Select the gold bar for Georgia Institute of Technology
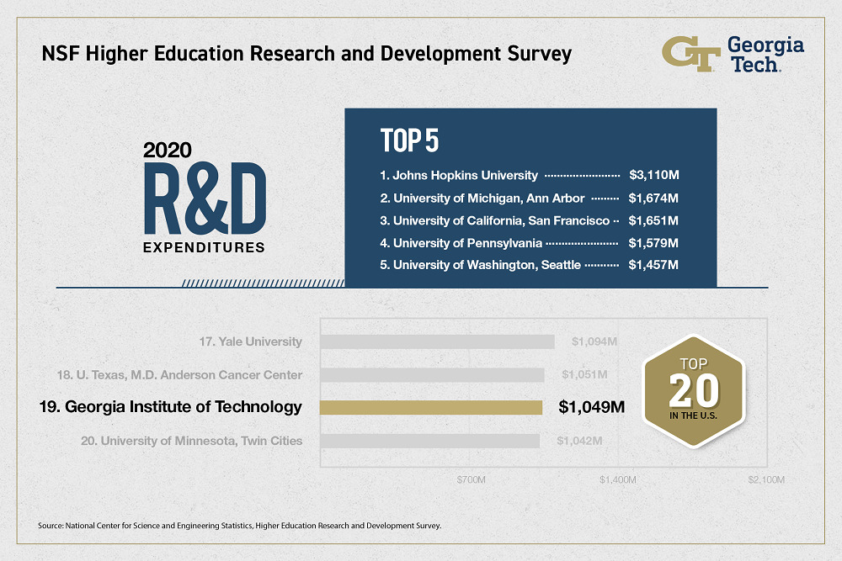[431, 408]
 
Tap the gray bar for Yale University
[437, 341]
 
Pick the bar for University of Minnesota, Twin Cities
[429, 441]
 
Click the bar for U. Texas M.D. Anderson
[432, 374]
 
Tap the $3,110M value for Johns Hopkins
[654, 176]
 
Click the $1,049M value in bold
[592, 408]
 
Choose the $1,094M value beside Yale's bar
[595, 341]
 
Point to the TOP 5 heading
[409, 140]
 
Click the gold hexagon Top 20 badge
[695, 389]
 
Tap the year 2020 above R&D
[168, 151]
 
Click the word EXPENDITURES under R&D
[204, 248]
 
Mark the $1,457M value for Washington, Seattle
[654, 266]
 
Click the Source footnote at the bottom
[240, 527]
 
